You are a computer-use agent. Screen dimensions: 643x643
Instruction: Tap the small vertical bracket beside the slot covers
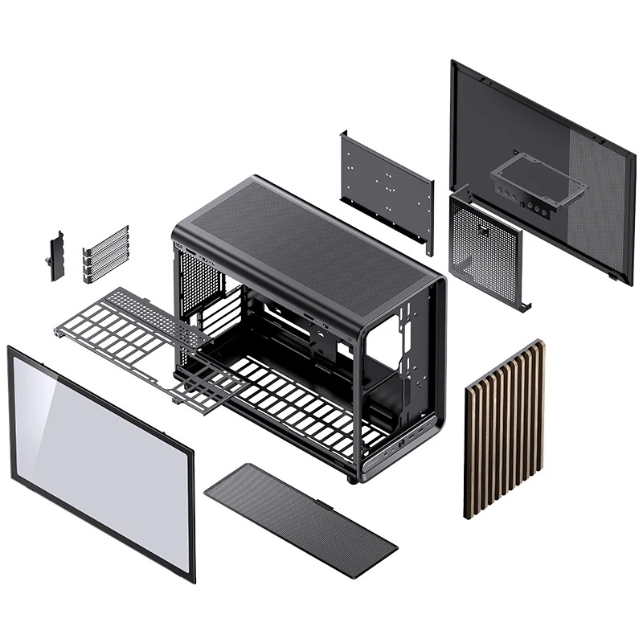coord(56,256)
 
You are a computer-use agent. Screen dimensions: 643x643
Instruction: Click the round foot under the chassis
coord(352,479)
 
